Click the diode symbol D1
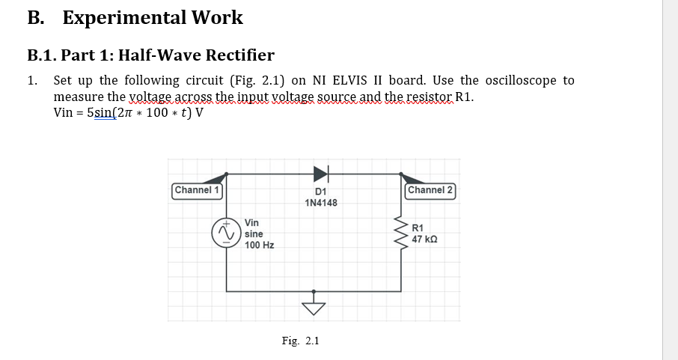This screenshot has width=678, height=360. pos(320,174)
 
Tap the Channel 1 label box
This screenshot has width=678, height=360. pos(197,190)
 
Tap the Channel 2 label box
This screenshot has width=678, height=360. pos(430,190)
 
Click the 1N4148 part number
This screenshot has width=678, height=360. pos(321,204)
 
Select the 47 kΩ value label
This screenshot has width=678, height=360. pos(424,240)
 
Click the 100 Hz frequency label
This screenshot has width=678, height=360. pos(260,245)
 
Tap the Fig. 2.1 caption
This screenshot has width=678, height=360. pos(300,341)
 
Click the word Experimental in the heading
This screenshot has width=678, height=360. pos(123,18)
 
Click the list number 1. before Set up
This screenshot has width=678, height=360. pos(31,80)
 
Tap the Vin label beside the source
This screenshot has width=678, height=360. pos(252,223)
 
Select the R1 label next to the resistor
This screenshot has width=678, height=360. pos(418,228)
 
